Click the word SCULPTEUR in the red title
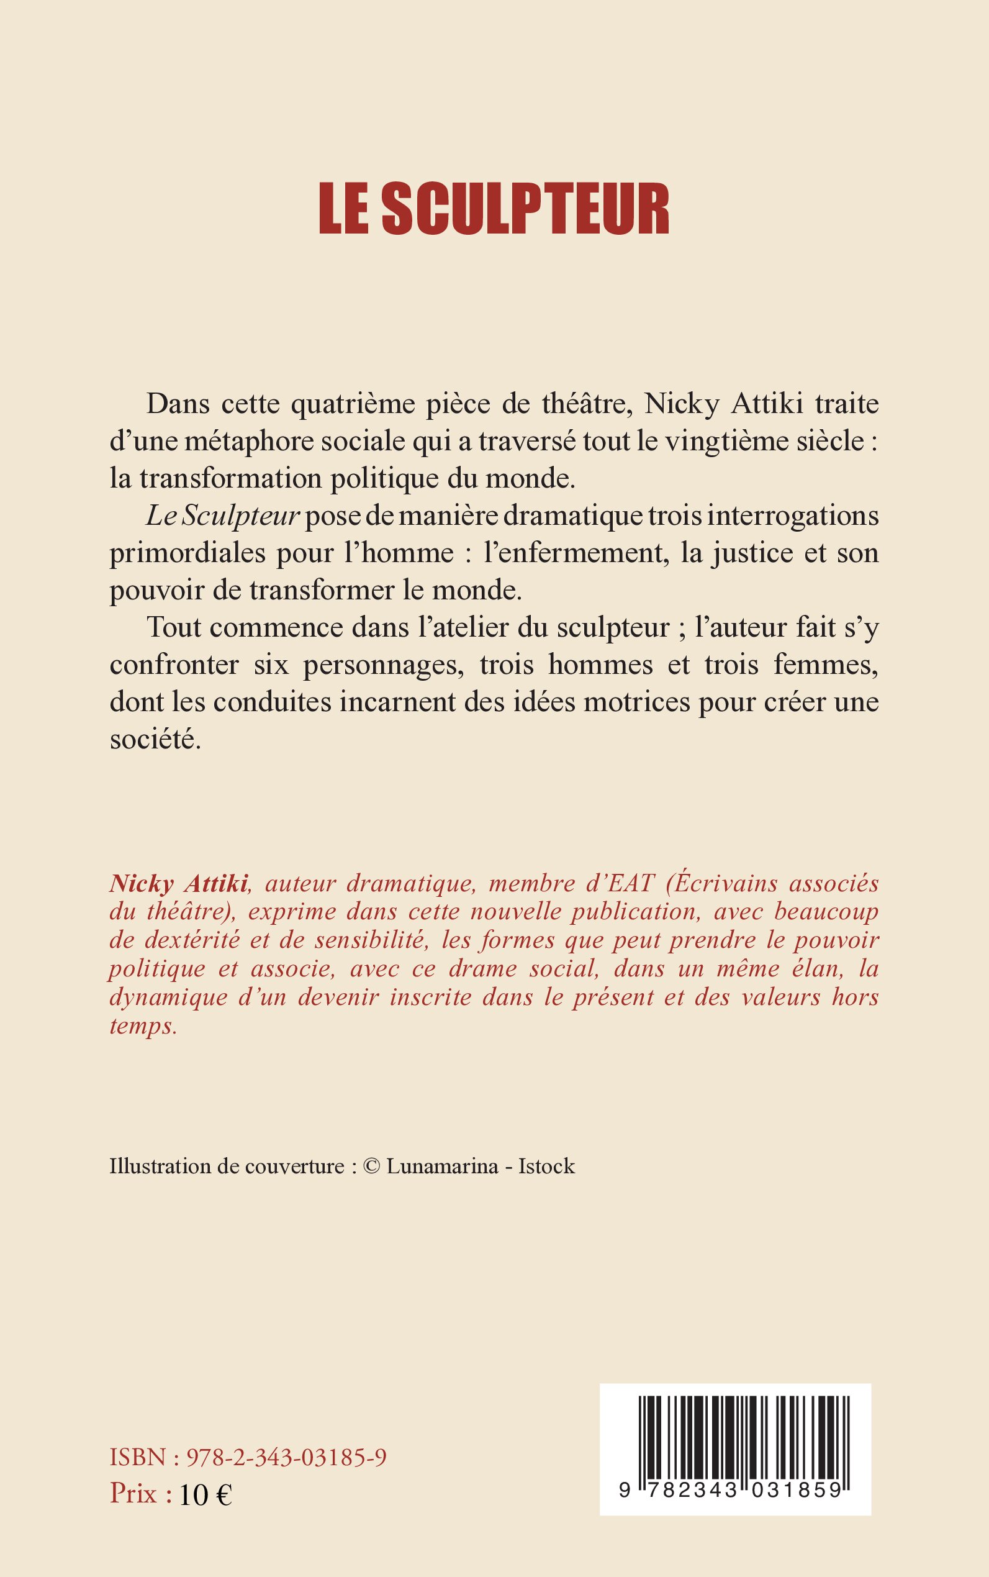(525, 209)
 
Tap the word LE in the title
(343, 209)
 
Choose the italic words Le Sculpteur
(222, 516)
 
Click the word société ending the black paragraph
(155, 739)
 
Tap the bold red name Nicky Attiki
(179, 883)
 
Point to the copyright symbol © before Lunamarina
(371, 1166)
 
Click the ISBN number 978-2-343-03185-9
(286, 1457)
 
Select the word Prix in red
(133, 1494)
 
